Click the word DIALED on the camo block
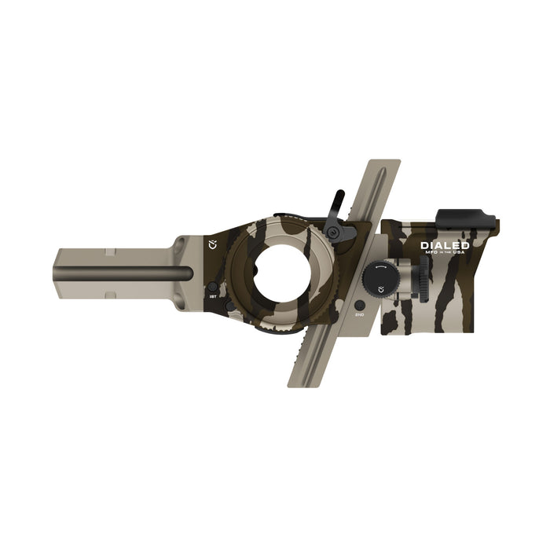point(445,245)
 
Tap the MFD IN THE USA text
point(445,254)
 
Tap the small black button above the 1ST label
point(211,287)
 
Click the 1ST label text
point(212,299)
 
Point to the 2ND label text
point(359,314)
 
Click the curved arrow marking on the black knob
point(381,268)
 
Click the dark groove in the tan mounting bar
point(126,273)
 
